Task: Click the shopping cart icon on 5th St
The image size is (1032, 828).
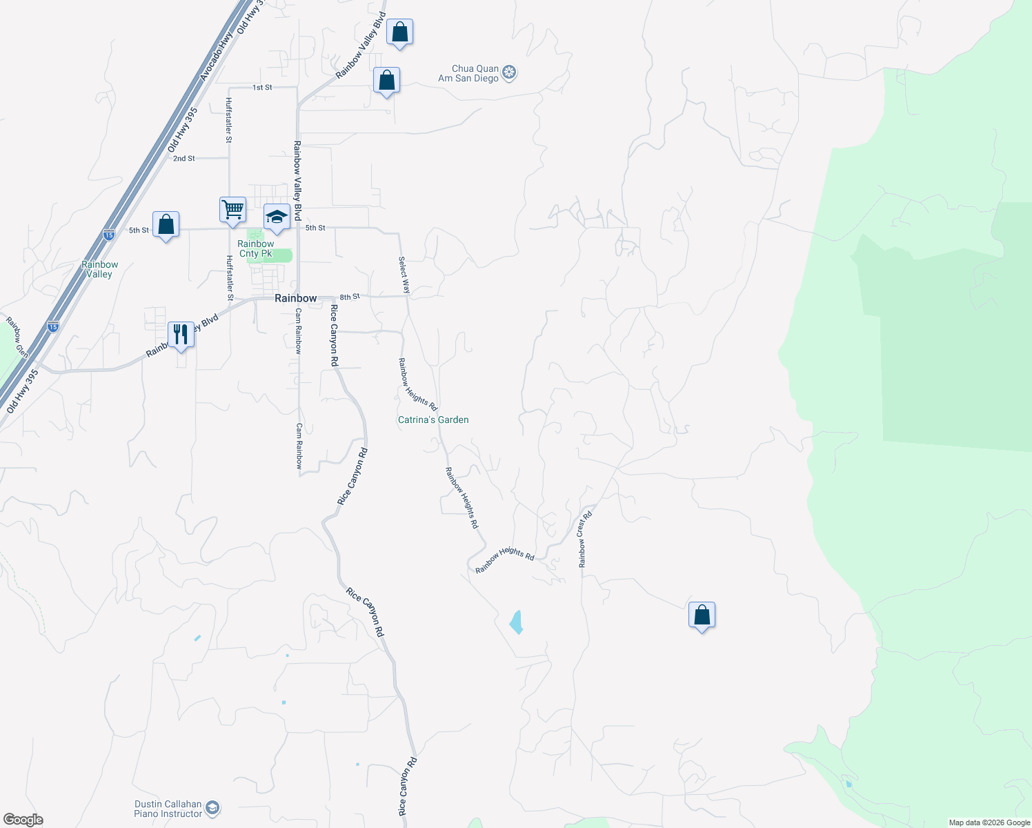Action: point(232,209)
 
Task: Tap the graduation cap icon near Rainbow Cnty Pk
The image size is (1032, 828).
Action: point(277,217)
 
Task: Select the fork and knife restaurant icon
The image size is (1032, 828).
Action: point(181,335)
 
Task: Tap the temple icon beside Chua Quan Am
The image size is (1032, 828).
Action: point(509,72)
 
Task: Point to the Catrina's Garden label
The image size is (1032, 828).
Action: point(433,420)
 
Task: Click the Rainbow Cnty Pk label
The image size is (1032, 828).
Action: point(255,248)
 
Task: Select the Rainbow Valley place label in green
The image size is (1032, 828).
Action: point(99,269)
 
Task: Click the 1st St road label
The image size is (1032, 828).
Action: point(262,88)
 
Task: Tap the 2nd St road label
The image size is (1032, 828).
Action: point(184,159)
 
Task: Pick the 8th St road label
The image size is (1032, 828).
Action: point(350,297)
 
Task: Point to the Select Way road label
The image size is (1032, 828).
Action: point(404,275)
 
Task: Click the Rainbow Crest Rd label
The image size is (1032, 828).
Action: point(585,540)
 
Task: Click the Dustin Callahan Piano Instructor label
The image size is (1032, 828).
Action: point(168,809)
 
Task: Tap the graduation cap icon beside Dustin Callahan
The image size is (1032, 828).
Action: point(213,807)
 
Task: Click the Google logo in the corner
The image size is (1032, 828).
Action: point(23,820)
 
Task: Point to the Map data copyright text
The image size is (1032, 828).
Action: point(989,822)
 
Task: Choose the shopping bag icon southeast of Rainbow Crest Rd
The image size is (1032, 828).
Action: point(702,614)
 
